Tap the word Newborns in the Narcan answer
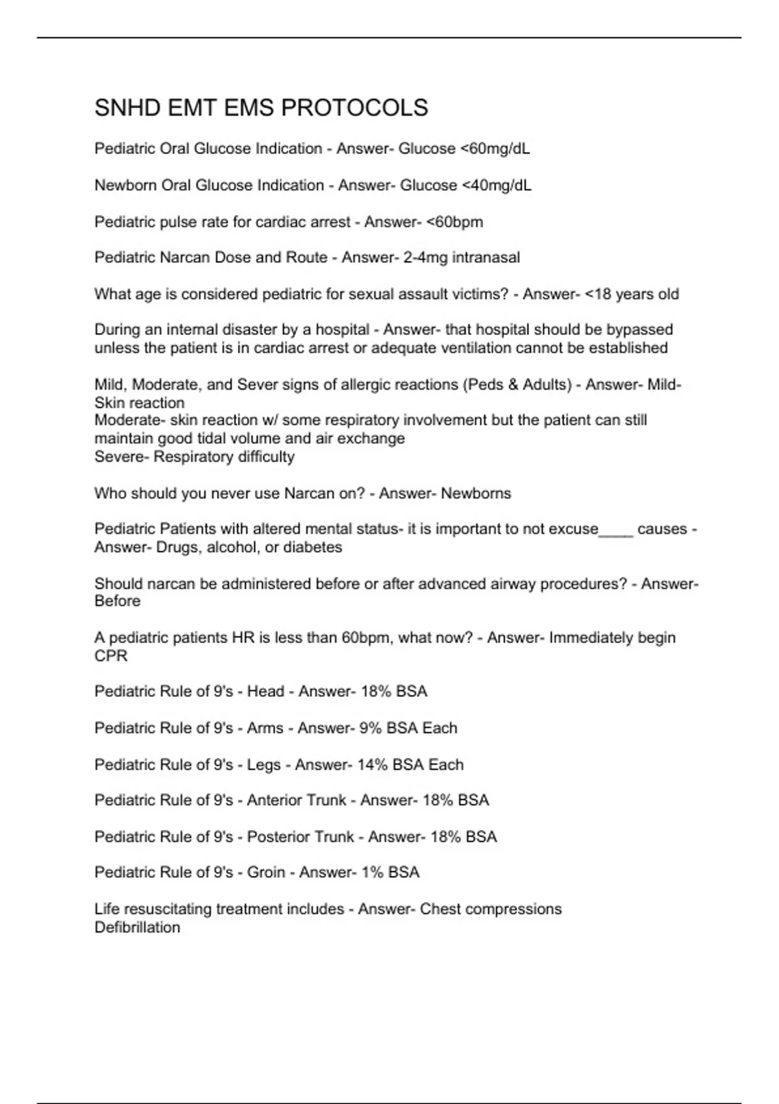point(476,494)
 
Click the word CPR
point(111,656)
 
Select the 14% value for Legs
point(372,764)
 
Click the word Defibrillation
point(137,927)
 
